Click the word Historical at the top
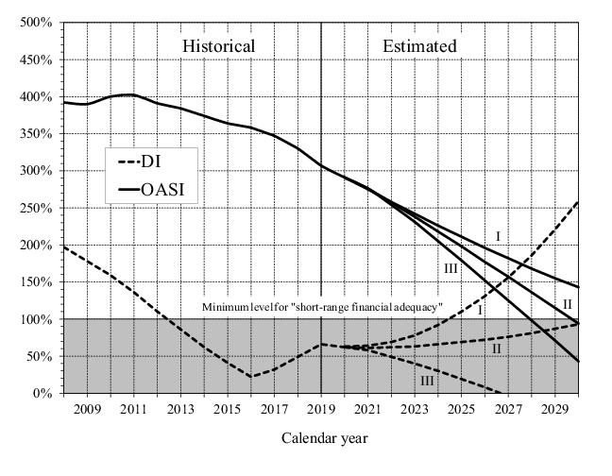tap(218, 46)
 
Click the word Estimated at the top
tap(419, 46)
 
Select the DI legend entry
tap(152, 161)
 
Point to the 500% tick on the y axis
tap(37, 23)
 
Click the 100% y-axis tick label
tap(37, 319)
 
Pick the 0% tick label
tap(43, 394)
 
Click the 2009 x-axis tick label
tap(87, 409)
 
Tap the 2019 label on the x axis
tap(321, 409)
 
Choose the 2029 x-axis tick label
tap(554, 409)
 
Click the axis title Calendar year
tap(324, 438)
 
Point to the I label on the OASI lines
tap(498, 236)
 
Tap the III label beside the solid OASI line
tap(451, 270)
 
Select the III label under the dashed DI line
tap(427, 380)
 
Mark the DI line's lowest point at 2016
tap(251, 377)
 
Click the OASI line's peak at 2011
tap(133, 94)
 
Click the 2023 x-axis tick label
tap(415, 409)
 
